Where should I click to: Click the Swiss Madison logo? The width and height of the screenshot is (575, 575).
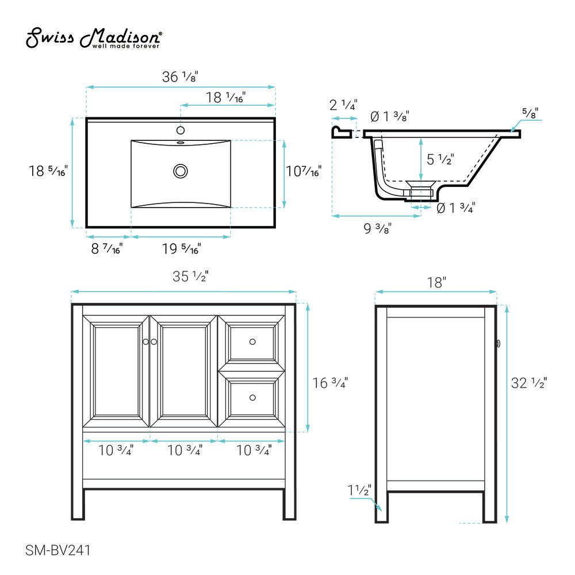point(94,39)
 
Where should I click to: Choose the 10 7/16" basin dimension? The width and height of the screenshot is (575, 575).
point(304,171)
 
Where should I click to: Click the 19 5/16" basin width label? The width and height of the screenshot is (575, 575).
point(181,249)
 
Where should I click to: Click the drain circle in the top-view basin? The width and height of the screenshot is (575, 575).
point(181,171)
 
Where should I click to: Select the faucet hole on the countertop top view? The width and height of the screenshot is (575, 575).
point(181,130)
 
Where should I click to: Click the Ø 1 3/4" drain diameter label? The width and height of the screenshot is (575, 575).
point(455,208)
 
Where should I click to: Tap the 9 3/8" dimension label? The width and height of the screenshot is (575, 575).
point(378,228)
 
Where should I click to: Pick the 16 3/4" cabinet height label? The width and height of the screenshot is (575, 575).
point(330,382)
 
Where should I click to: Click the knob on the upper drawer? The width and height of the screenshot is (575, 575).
point(252,342)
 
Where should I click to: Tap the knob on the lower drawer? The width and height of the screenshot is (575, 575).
point(252,397)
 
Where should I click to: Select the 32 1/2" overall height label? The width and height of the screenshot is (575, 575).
point(529,382)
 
